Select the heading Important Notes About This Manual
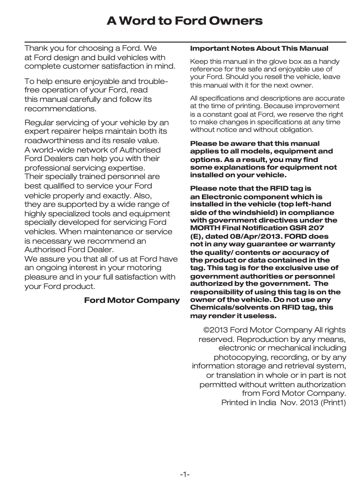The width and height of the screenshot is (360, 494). point(259,48)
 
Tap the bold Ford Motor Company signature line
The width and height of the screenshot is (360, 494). point(132,300)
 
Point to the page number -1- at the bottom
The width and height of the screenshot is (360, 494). point(184,474)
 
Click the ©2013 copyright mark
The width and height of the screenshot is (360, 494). point(213,330)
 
